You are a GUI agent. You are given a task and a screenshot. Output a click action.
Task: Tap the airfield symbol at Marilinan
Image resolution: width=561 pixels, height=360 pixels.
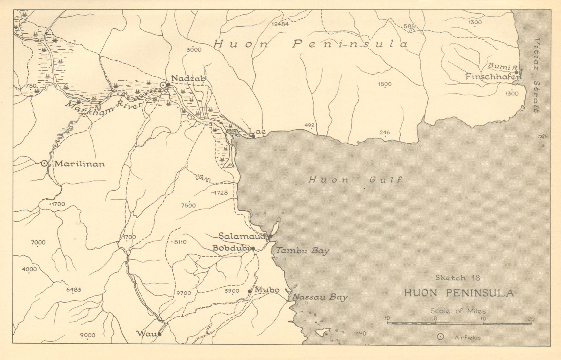click(44, 163)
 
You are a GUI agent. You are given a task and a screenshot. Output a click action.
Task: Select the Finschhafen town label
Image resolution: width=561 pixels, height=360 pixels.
click(493, 76)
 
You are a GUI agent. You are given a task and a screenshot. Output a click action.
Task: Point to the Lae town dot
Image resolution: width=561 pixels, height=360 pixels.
click(253, 136)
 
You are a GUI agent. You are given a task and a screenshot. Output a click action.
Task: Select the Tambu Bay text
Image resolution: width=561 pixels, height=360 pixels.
click(303, 251)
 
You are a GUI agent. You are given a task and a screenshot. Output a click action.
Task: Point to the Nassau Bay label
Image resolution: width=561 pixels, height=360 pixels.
click(319, 298)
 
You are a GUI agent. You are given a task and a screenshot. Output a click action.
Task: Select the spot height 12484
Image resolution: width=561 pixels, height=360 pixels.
click(280, 24)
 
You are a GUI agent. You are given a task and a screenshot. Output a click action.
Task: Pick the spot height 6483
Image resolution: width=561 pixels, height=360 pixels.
click(73, 290)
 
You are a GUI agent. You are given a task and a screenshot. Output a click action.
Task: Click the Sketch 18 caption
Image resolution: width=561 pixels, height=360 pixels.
click(457, 278)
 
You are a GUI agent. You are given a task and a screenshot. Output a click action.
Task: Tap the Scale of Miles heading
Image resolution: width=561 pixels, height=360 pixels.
click(458, 311)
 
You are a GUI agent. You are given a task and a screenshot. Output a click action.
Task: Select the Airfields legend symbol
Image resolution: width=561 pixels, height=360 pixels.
click(440, 337)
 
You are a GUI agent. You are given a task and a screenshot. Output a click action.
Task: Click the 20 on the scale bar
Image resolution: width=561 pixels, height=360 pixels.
click(531, 319)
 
